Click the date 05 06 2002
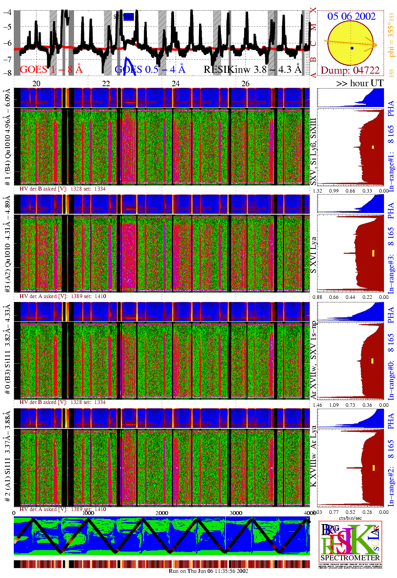351,16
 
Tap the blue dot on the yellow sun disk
352,48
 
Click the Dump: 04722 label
350,70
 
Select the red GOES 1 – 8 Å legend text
51,70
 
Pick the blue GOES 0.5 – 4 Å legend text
150,70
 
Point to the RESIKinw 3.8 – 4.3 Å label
252,70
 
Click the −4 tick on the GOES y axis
7,12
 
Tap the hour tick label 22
106,83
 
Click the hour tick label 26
245,83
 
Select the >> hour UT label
360,83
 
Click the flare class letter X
313,10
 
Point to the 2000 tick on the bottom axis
162,513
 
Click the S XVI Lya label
313,255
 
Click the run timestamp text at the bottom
208,571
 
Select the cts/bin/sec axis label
350,518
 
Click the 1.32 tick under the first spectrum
317,191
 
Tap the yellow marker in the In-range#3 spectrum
373,253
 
